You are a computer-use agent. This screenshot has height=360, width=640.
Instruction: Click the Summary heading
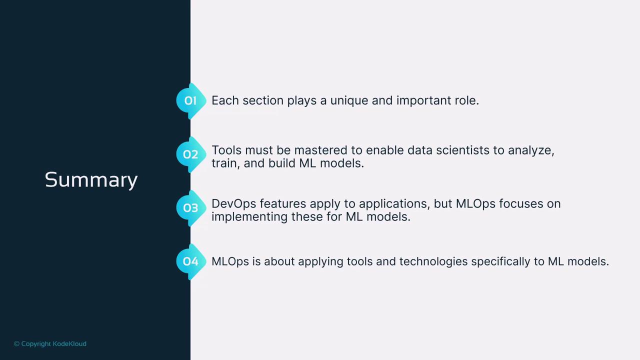91,180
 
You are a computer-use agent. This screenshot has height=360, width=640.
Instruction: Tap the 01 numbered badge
191,100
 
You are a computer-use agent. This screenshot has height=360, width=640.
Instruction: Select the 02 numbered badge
191,154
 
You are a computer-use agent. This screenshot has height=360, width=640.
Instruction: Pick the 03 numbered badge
191,207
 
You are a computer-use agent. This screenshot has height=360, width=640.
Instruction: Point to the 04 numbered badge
191,261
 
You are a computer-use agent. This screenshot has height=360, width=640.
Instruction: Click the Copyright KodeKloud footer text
50,343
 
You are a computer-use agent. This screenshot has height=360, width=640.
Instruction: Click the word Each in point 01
225,100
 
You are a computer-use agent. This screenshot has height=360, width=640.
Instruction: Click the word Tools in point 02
226,150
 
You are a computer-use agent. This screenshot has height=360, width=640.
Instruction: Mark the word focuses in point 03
519,203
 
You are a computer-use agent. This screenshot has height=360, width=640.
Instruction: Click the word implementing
249,217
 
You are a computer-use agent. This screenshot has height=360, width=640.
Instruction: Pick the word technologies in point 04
433,262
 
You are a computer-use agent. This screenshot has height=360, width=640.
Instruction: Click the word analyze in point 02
531,151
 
